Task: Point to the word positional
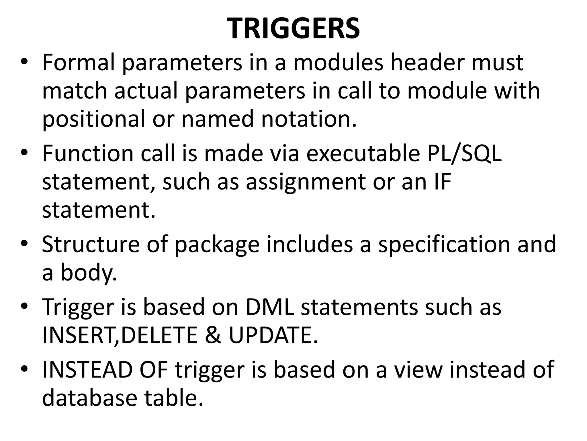click(93, 120)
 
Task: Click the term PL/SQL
click(464, 154)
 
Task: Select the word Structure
click(91, 244)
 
